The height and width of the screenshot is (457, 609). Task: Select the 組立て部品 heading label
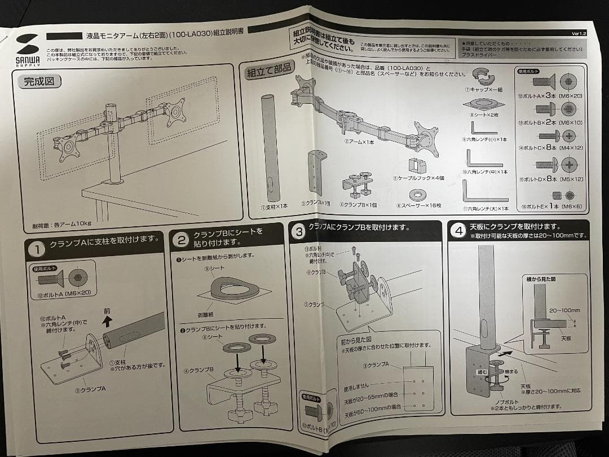tap(270, 71)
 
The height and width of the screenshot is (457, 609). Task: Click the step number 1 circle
tap(37, 249)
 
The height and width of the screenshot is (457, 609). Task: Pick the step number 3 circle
tap(299, 230)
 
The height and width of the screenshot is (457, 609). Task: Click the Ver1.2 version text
tap(579, 34)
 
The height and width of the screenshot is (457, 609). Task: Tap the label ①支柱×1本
tap(273, 207)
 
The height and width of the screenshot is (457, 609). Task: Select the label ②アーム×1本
tap(359, 142)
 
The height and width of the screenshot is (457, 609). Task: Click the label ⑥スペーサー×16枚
tap(418, 205)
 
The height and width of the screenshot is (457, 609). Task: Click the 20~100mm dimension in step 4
tap(564, 310)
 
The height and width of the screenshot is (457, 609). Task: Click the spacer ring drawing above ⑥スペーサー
tap(418, 194)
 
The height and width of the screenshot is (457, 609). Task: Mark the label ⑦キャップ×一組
tap(484, 89)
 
